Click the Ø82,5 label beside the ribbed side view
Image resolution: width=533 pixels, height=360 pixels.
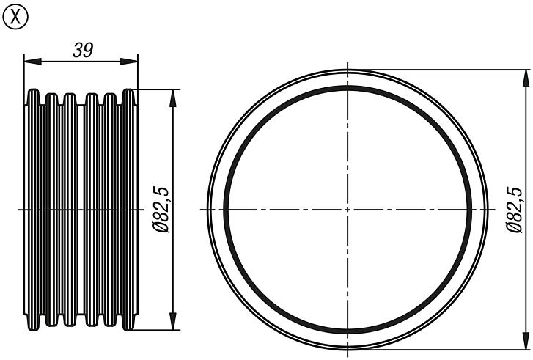click(x=162, y=210)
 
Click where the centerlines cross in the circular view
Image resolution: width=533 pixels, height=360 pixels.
click(x=346, y=210)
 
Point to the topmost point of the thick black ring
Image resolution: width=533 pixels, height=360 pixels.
click(x=346, y=87)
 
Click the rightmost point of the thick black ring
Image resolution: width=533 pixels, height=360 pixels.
click(x=468, y=210)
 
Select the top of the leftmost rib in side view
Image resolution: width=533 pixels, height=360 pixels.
click(x=33, y=91)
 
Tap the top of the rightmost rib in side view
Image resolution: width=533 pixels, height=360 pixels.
click(x=129, y=91)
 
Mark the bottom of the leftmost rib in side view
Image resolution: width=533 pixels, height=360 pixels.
click(x=33, y=328)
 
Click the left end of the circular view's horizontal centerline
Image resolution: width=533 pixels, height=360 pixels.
click(x=200, y=210)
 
